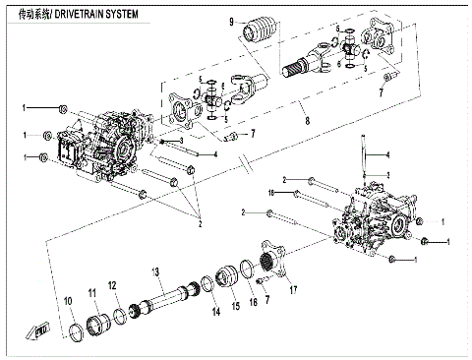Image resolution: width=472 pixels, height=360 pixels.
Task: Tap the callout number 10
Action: [69, 300]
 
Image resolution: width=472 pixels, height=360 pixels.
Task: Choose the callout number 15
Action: [235, 306]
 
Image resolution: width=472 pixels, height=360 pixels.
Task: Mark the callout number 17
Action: [293, 289]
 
